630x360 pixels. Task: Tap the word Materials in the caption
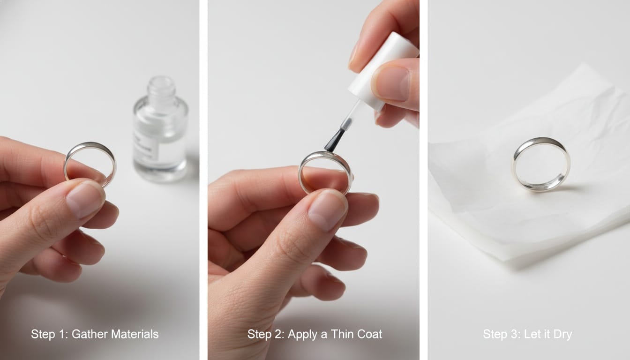click(x=135, y=334)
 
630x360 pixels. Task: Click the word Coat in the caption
click(x=369, y=334)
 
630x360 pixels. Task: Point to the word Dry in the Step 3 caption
click(x=562, y=335)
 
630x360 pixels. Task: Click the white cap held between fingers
click(x=384, y=70)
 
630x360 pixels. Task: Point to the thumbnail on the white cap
click(x=392, y=83)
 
